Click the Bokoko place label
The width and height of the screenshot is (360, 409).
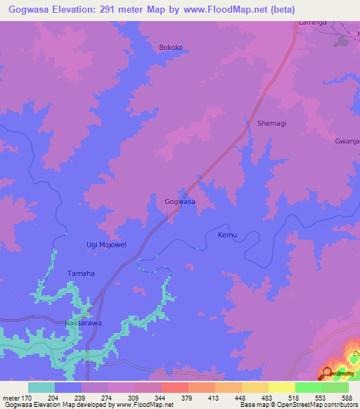pos(171,48)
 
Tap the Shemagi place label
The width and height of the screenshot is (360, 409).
pos(272,123)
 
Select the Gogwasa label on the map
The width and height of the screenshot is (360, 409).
pos(179,202)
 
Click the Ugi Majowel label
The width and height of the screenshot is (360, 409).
pos(106,245)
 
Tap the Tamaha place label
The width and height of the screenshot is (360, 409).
pos(80,273)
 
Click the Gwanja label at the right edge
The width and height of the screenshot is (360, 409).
pos(347,141)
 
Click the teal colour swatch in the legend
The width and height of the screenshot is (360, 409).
pos(41,387)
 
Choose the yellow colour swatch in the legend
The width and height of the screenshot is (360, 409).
pos(282,387)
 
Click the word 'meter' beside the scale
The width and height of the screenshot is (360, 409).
pos(12,397)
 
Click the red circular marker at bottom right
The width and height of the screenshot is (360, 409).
pos(328,375)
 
